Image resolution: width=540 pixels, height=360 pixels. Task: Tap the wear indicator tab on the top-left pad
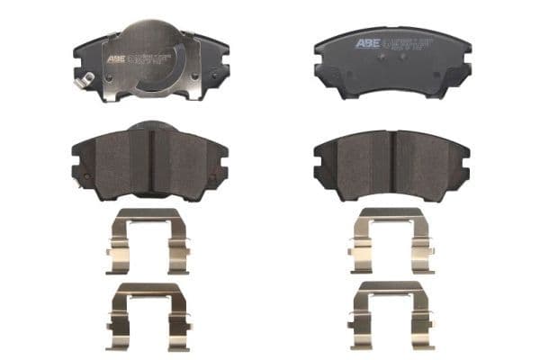[x=84, y=82]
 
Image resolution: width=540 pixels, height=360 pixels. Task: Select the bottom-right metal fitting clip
[x=392, y=313]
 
